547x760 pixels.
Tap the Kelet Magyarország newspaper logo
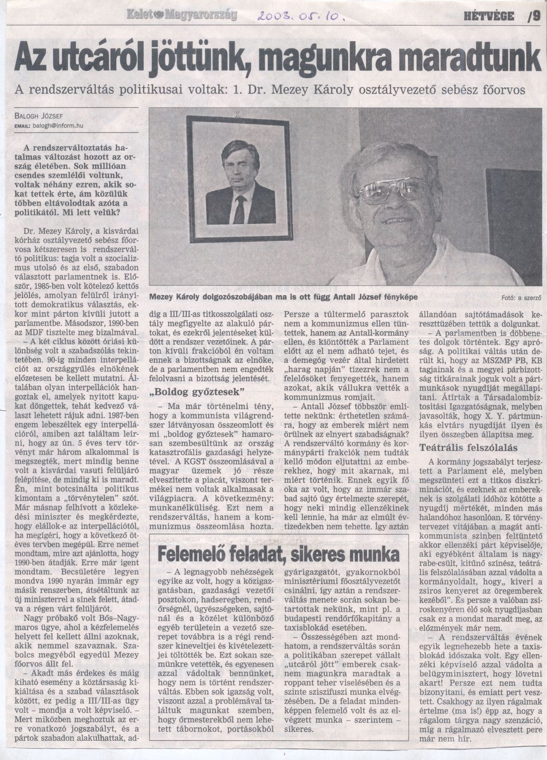pos(181,15)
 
